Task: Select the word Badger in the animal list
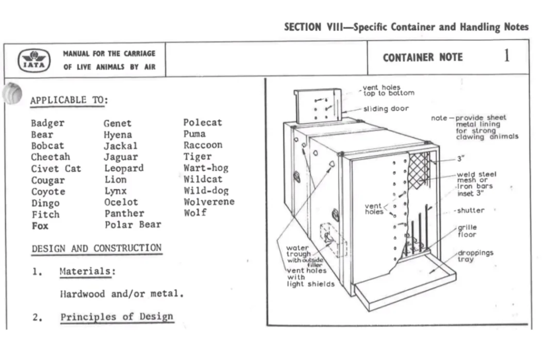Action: point(47,123)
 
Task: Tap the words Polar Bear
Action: point(133,225)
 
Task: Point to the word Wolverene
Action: point(209,202)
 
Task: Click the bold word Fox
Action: point(40,226)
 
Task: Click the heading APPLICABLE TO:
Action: point(69,100)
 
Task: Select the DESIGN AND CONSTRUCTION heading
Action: point(96,249)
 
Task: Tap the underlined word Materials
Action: point(85,271)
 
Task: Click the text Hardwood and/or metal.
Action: point(121,294)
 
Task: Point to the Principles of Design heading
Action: point(116,316)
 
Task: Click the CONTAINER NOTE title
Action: point(423,58)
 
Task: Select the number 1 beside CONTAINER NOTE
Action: point(506,56)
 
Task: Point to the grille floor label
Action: point(466,231)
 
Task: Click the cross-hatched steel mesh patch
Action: point(419,169)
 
